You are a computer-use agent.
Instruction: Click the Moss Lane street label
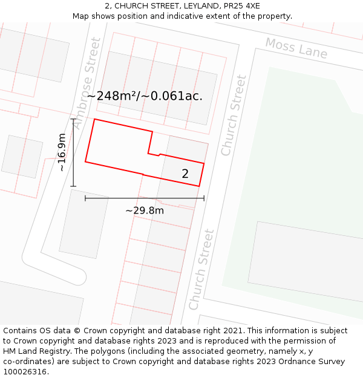296,48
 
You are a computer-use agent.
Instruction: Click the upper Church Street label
234,115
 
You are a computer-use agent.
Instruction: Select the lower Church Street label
201,269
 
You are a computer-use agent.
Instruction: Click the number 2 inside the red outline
185,174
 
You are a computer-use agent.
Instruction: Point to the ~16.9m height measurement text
62,152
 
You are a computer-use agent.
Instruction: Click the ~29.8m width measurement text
145,210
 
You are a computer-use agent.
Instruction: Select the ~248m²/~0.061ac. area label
145,96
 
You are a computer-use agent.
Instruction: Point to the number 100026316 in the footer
25,371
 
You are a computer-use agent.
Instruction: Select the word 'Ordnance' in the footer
288,361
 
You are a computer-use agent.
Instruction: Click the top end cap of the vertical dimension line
74,119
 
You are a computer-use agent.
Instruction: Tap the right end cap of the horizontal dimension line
204,198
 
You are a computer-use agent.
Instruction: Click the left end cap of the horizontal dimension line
85,198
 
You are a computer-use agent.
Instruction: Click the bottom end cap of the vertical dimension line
74,186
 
